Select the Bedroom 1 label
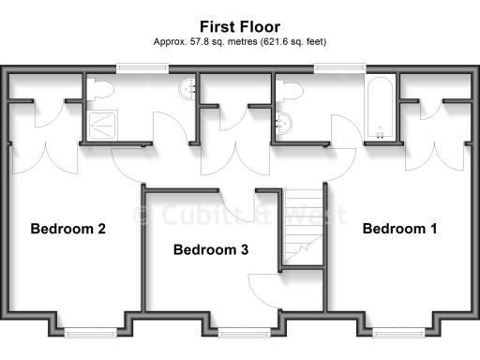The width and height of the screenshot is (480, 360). click(x=400, y=229)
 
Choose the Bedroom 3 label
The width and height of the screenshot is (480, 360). click(x=211, y=250)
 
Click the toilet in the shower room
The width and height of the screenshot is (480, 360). click(x=101, y=89)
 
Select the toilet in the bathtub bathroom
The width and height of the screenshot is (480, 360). click(x=290, y=90)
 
